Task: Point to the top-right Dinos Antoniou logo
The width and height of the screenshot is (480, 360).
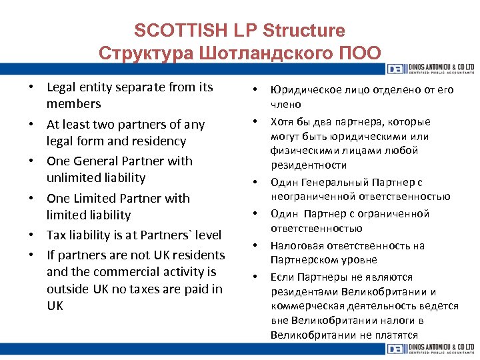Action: click(429, 69)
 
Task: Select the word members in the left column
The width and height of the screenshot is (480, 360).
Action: click(73, 104)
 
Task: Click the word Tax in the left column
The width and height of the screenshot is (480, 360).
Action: click(57, 235)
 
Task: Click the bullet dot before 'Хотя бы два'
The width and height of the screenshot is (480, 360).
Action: click(255, 121)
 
